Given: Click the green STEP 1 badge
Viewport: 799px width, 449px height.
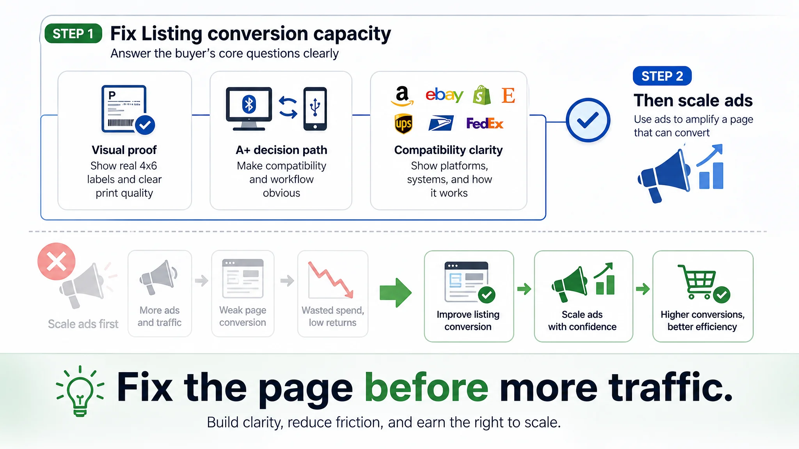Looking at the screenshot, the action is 73,34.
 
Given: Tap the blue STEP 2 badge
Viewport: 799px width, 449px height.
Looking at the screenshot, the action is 662,76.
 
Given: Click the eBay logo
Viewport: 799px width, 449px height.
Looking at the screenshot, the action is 444,95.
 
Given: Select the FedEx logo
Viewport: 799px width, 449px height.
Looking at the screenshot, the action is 485,124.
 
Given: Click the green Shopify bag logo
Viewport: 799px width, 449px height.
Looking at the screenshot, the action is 482,95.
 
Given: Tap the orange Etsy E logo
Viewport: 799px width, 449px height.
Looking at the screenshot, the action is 508,95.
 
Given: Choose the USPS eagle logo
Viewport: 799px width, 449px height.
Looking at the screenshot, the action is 441,124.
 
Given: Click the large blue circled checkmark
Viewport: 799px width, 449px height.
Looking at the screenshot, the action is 588,120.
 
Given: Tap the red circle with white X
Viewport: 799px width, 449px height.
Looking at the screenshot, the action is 57,262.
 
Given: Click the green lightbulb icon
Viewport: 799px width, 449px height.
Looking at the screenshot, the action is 80,391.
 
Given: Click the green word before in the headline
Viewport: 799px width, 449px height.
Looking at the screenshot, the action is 426,387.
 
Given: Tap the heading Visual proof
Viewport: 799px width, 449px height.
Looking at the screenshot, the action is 124,150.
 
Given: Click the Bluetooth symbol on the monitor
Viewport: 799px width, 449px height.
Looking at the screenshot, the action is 249,104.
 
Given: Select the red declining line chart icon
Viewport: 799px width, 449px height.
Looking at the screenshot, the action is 331,279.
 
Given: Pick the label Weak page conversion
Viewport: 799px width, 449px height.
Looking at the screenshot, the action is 243,316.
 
